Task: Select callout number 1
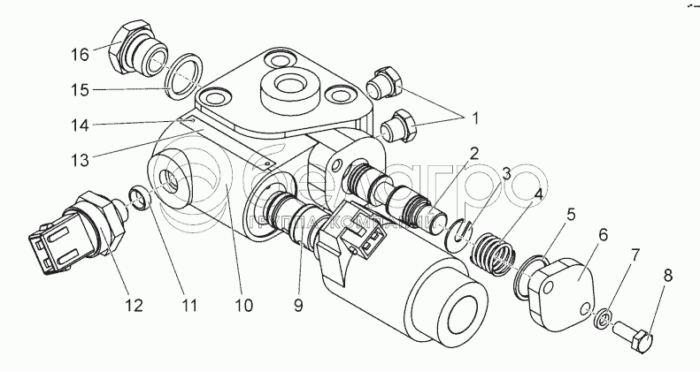coord(476,117)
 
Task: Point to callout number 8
coord(667,277)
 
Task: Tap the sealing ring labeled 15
coord(181,75)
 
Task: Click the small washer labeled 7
coord(603,315)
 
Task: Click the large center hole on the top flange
coord(289,89)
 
